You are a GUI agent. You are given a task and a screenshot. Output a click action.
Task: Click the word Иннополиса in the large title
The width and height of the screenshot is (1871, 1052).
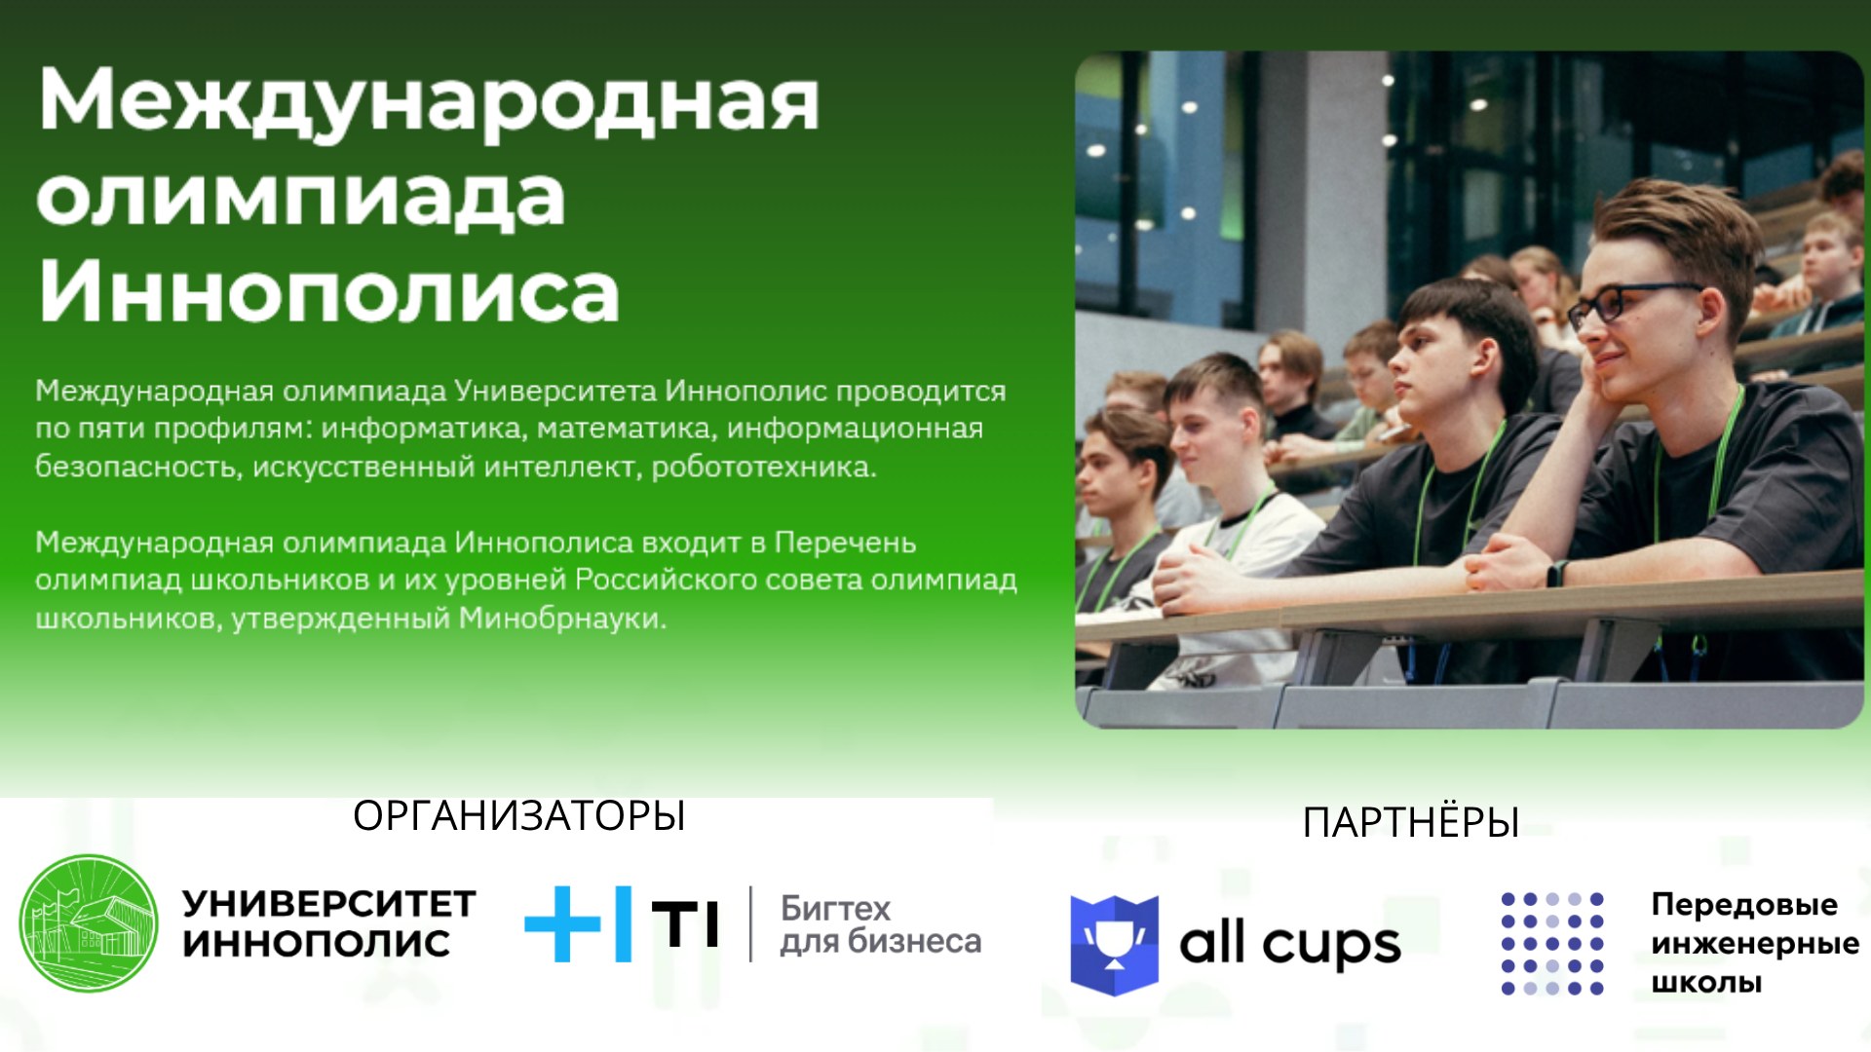(x=329, y=290)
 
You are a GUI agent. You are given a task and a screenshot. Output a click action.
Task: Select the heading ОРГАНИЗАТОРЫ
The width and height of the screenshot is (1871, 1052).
(x=519, y=816)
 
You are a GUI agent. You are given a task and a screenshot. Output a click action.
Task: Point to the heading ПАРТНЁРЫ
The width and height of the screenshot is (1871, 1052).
(x=1411, y=822)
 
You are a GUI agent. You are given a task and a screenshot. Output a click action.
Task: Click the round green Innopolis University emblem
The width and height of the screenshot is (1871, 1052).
(x=89, y=923)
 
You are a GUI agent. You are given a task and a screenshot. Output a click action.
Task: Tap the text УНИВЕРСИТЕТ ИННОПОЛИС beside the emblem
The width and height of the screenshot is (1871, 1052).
(x=329, y=923)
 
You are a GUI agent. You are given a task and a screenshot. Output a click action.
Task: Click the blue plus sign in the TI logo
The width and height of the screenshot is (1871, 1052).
(x=562, y=923)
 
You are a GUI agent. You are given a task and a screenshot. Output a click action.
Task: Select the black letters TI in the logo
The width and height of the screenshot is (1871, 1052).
(x=685, y=923)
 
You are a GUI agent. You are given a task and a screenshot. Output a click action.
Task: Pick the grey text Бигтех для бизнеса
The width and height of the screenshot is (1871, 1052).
(x=880, y=924)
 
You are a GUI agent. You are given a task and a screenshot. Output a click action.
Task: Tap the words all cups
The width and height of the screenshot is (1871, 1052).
(x=1290, y=943)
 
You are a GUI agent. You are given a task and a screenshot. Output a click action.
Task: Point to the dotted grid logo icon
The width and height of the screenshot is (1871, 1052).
(x=1552, y=943)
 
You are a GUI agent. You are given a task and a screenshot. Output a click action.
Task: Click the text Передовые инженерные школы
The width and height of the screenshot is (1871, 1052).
(x=1755, y=943)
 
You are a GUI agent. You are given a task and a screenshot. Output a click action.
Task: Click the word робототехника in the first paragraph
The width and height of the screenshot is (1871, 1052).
(x=763, y=468)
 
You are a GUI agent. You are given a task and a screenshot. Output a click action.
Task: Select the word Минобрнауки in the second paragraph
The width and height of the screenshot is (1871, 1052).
(x=562, y=619)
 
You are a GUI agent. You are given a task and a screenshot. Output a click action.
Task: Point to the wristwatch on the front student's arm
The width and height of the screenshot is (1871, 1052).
(x=1556, y=573)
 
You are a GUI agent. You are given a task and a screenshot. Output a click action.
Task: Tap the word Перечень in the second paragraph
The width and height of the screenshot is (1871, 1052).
(x=845, y=543)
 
